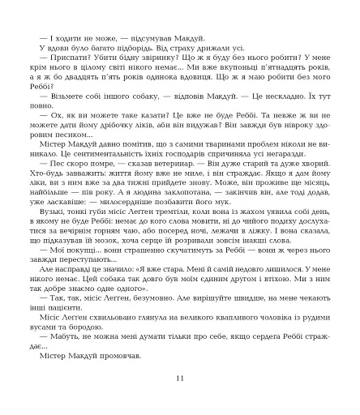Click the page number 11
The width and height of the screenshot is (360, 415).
point(180,378)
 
